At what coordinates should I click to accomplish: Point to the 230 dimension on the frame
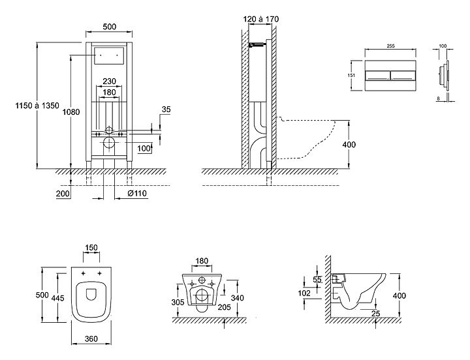click(110, 82)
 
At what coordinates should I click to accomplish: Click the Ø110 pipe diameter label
click(137, 194)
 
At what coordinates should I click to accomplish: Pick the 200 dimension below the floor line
click(63, 194)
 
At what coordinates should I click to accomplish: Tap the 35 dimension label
click(166, 110)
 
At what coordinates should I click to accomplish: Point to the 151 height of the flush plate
click(352, 75)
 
